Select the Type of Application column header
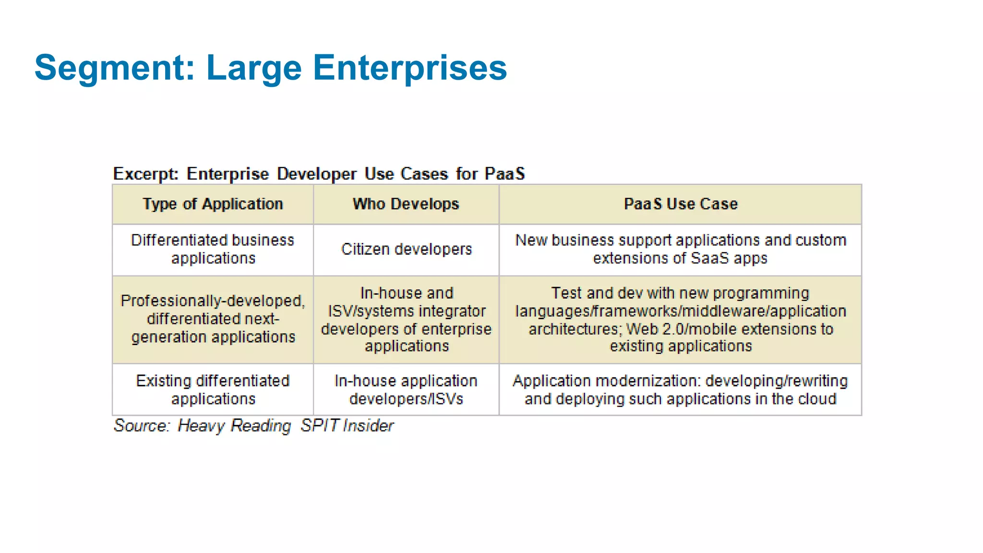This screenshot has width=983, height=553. click(213, 204)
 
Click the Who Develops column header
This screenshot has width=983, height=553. click(406, 204)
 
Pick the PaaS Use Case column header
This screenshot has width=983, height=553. click(680, 204)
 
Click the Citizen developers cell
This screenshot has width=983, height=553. click(407, 249)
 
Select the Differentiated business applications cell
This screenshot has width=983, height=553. click(213, 249)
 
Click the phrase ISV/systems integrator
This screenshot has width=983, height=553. click(407, 311)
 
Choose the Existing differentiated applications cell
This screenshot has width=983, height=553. click(213, 390)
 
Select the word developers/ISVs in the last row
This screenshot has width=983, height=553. click(406, 399)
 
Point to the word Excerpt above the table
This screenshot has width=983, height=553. click(145, 174)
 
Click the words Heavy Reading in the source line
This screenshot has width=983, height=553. click(234, 426)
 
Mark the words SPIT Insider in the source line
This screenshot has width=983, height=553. click(347, 426)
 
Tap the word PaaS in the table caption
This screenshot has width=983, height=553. click(504, 174)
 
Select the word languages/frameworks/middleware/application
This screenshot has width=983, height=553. click(680, 311)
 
